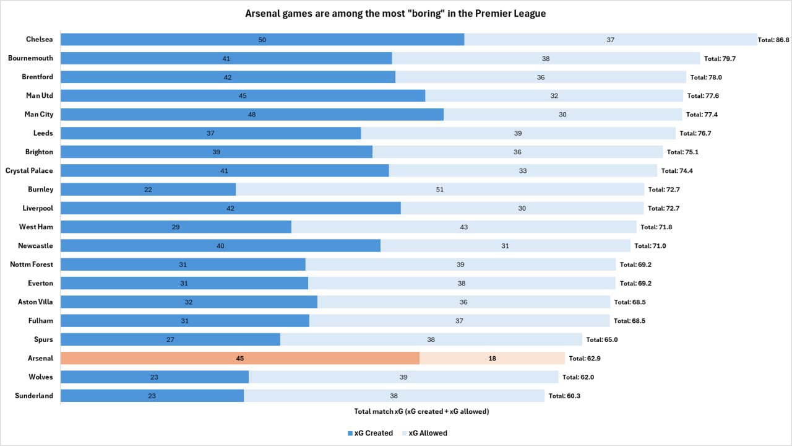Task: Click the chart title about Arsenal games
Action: coord(395,13)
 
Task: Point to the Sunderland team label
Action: coord(34,396)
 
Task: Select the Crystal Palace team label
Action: coord(29,170)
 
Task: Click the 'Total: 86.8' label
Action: coord(773,40)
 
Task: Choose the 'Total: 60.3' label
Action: coord(564,396)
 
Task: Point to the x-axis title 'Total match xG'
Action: coord(421,411)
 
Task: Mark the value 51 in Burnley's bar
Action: coord(440,190)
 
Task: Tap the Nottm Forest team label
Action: coord(32,265)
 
